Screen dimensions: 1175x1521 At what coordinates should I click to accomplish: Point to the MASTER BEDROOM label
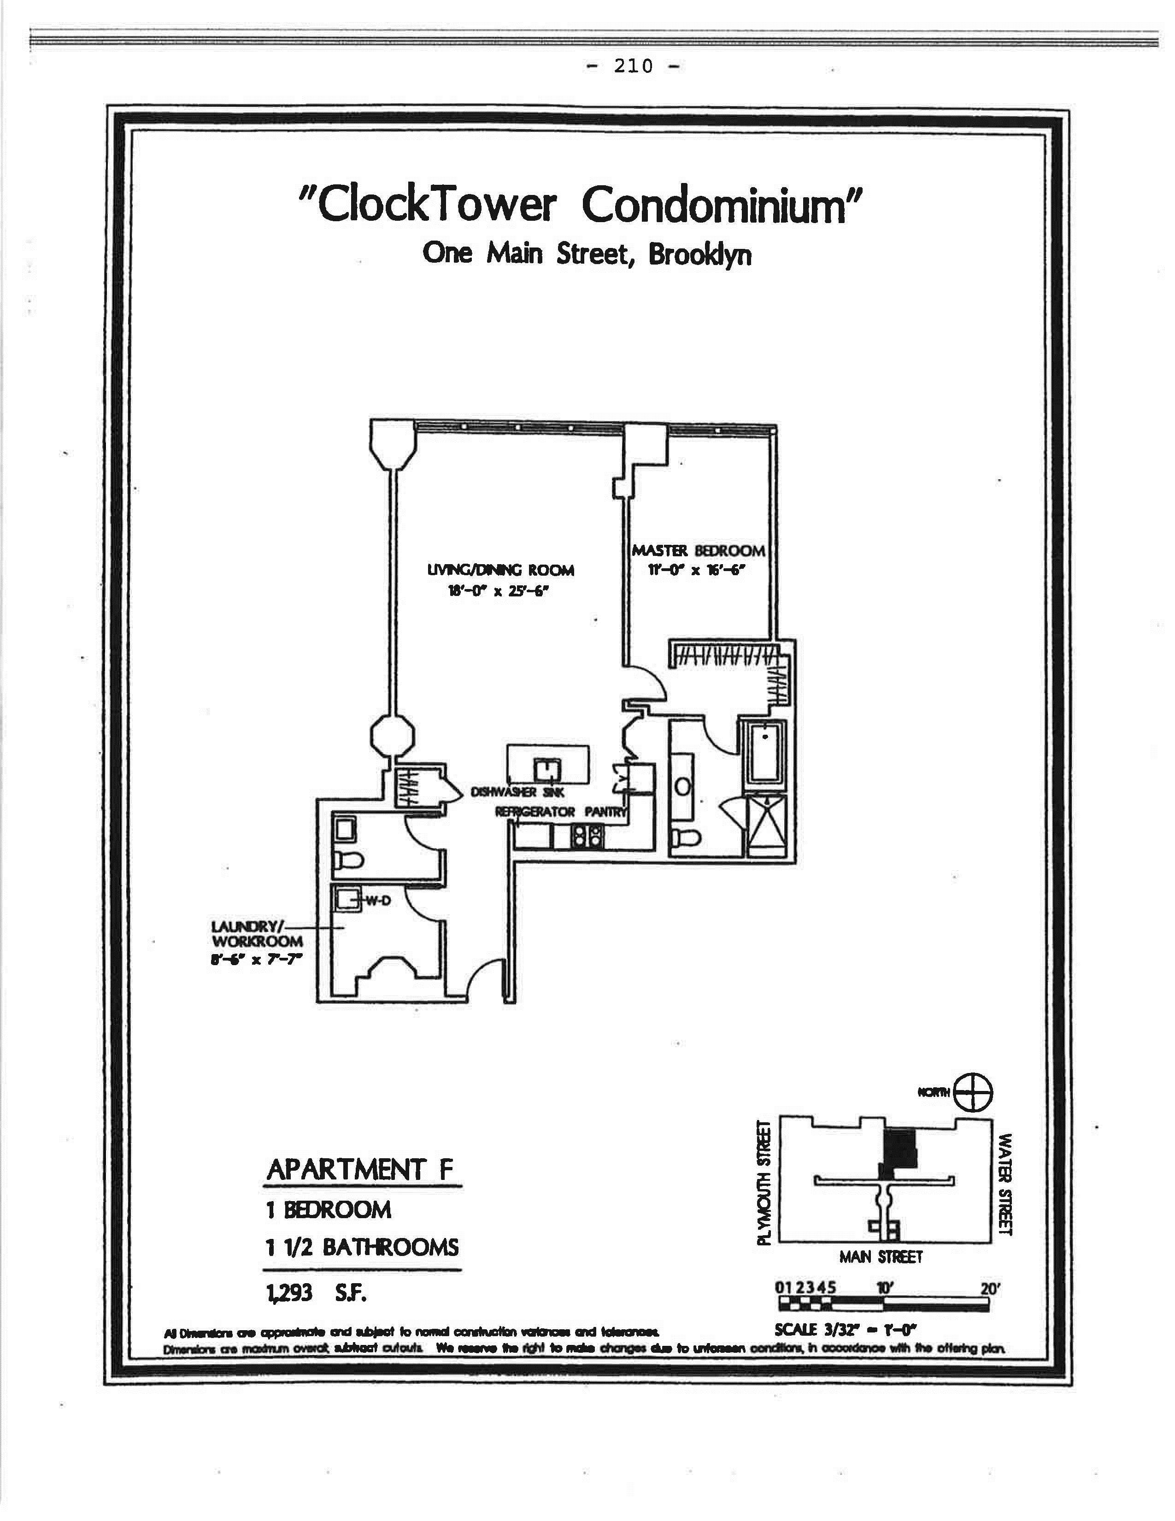[x=698, y=550]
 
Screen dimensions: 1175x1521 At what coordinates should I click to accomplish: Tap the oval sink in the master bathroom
[x=683, y=785]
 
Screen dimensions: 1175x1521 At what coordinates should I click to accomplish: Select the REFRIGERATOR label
[x=535, y=812]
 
